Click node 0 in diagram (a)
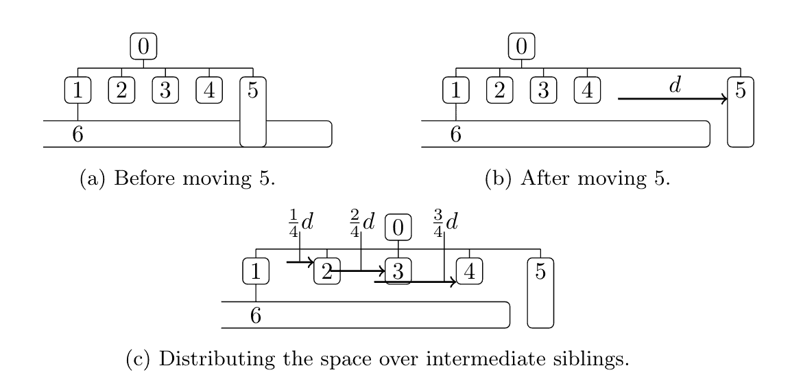143,47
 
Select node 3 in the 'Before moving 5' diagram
165,91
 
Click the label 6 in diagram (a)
78,135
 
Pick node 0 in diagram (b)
521,47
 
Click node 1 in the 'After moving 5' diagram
456,91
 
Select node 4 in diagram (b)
587,91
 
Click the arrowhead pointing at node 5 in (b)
723,99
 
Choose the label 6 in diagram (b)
456,135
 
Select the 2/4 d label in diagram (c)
362,223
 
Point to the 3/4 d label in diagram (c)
445,223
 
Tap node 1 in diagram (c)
256,272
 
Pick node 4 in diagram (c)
469,272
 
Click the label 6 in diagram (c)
256,316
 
